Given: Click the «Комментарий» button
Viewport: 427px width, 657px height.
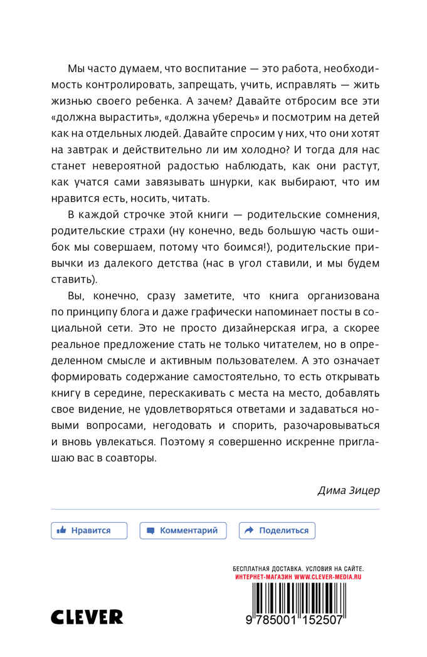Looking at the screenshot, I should click(x=183, y=530).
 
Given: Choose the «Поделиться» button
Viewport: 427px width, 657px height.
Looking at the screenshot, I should click(x=277, y=530).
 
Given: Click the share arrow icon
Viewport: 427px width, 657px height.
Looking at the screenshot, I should click(x=249, y=530).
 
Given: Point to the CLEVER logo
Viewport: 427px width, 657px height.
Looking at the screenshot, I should click(x=87, y=617).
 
